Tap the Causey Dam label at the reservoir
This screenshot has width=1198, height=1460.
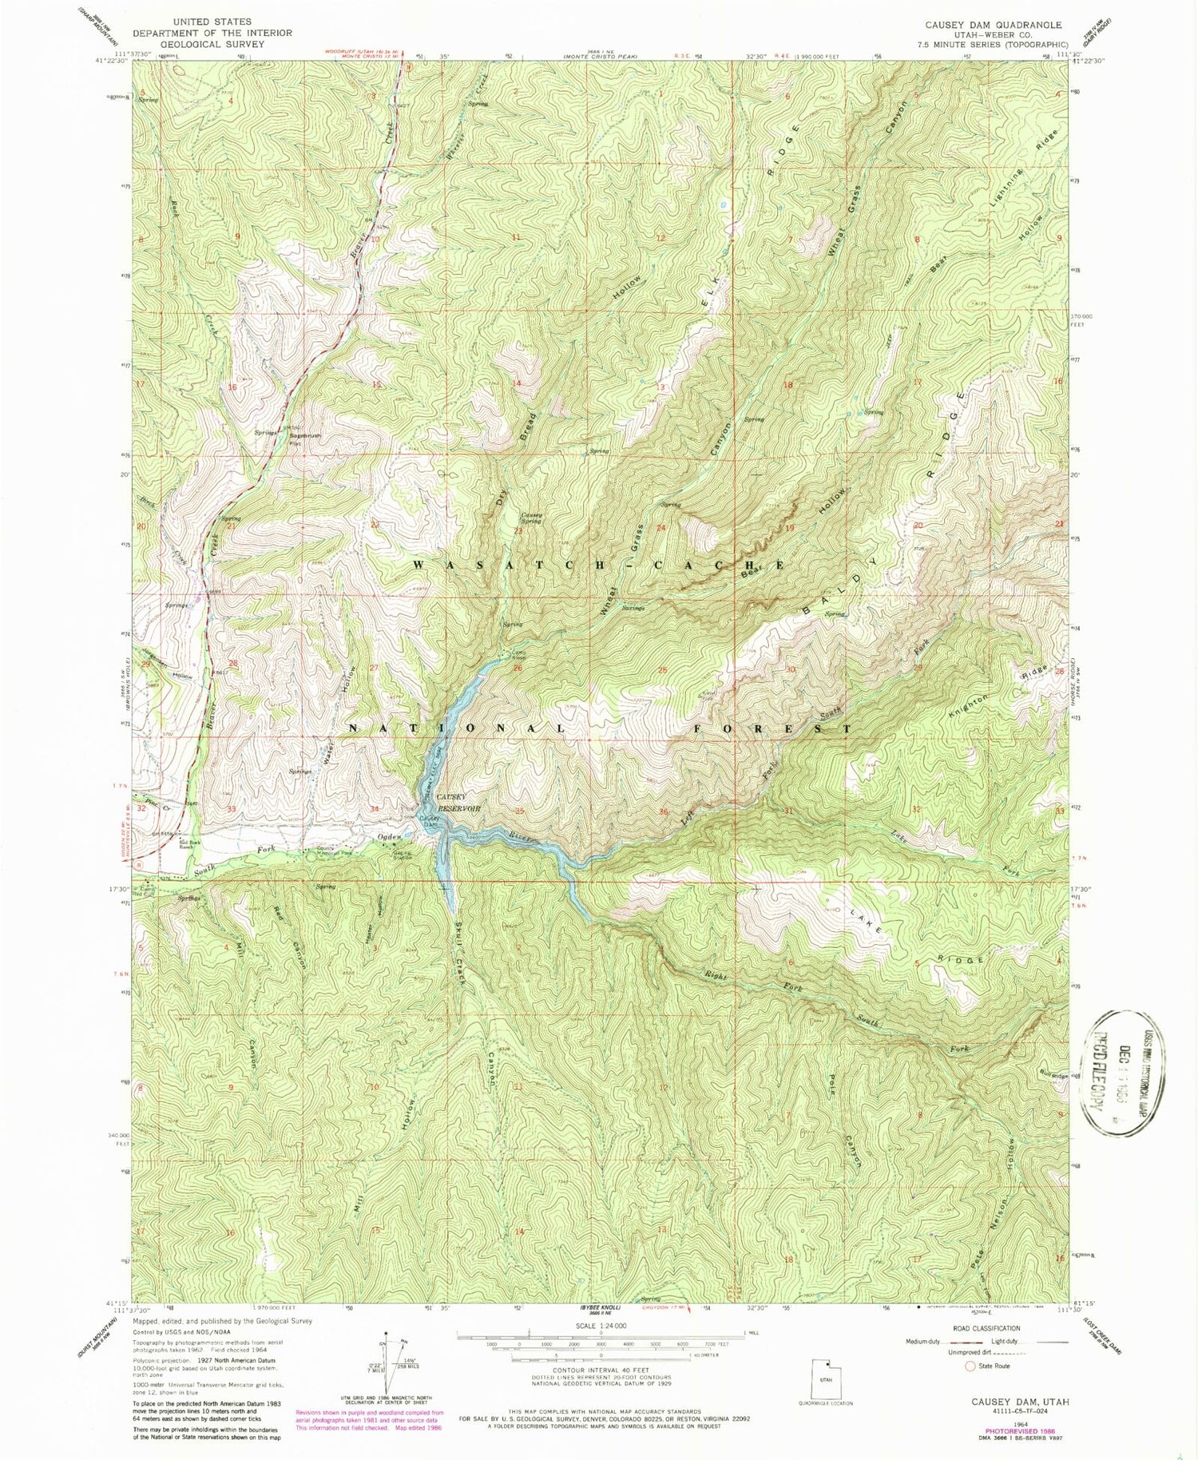(x=430, y=820)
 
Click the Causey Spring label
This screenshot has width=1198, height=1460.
(x=532, y=518)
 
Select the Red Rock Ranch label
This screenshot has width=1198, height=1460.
(x=171, y=844)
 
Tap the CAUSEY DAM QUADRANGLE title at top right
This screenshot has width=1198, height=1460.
(x=993, y=25)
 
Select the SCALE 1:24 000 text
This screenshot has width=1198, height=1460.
(x=601, y=1325)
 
